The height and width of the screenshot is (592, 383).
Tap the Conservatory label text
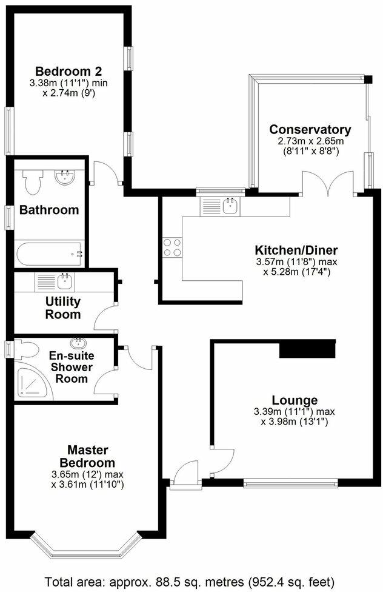(x=310, y=129)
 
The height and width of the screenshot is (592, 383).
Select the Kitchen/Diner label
(x=296, y=250)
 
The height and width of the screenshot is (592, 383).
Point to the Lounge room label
(x=295, y=400)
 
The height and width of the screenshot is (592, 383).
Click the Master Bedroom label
(x=87, y=456)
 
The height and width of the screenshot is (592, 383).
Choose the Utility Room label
(x=63, y=308)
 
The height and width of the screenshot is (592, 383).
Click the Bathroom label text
(x=49, y=210)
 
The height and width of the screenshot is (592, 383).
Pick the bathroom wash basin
(x=64, y=178)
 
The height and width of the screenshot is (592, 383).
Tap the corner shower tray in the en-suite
(x=30, y=380)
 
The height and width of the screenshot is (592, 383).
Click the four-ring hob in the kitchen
(x=171, y=247)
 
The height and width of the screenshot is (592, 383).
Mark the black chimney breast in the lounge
(x=307, y=349)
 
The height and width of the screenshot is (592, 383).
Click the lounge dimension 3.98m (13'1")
(x=295, y=421)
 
